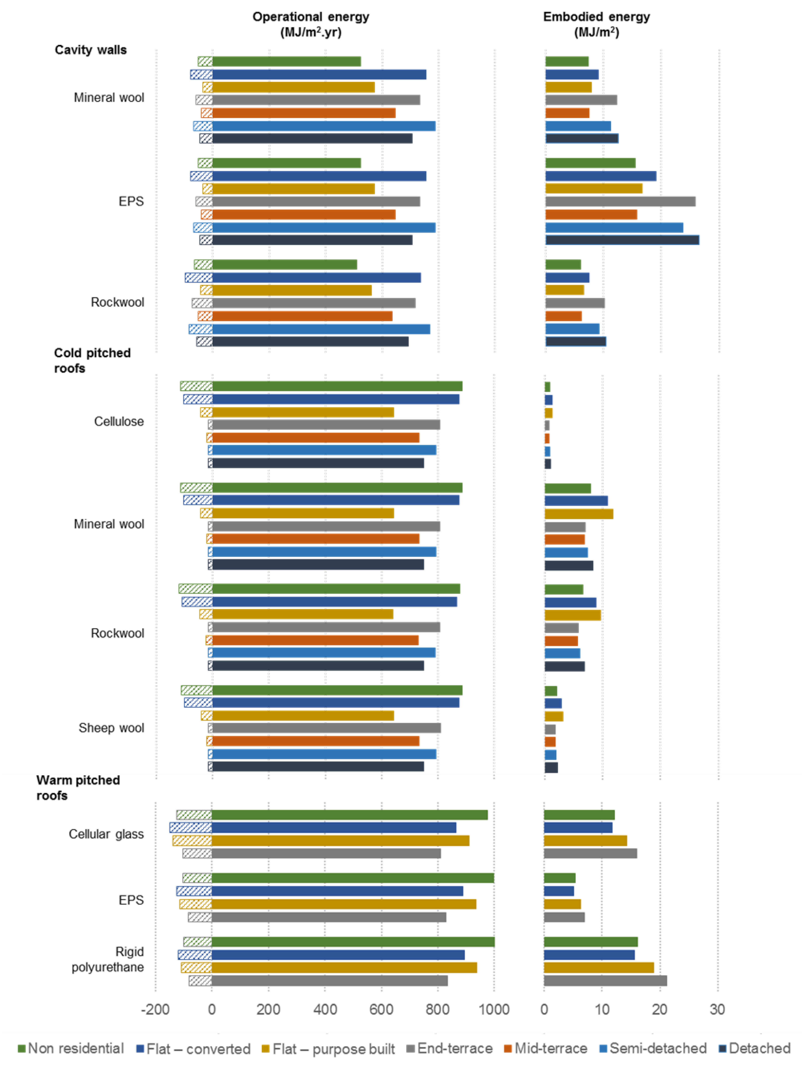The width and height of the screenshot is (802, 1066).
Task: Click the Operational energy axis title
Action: pos(311,24)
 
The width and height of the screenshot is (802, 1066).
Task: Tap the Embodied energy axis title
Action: pos(596,24)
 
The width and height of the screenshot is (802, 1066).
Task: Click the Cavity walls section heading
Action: pos(91,50)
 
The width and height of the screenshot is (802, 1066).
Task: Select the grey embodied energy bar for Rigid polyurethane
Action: pos(605,980)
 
